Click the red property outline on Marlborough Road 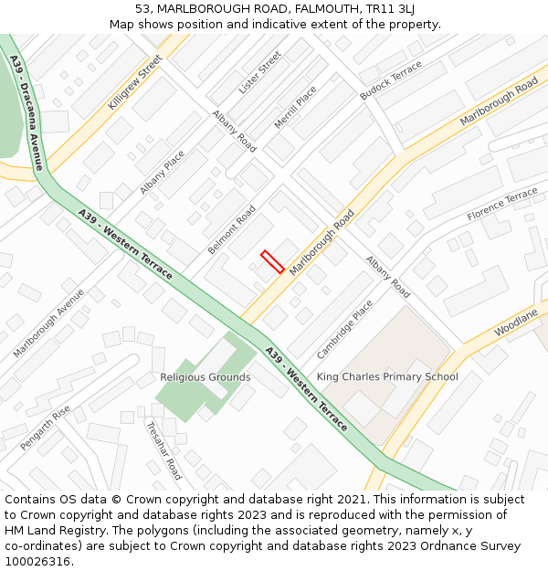[272, 262]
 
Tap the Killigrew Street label [135, 82]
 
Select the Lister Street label [260, 73]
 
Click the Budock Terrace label [391, 80]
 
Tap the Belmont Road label [231, 229]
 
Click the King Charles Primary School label [387, 376]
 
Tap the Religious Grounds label [205, 377]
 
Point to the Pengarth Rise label [46, 428]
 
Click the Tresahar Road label [164, 450]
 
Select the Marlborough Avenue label [48, 323]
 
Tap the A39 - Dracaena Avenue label [26, 112]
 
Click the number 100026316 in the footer [37, 561]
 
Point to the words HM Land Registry [52, 530]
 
